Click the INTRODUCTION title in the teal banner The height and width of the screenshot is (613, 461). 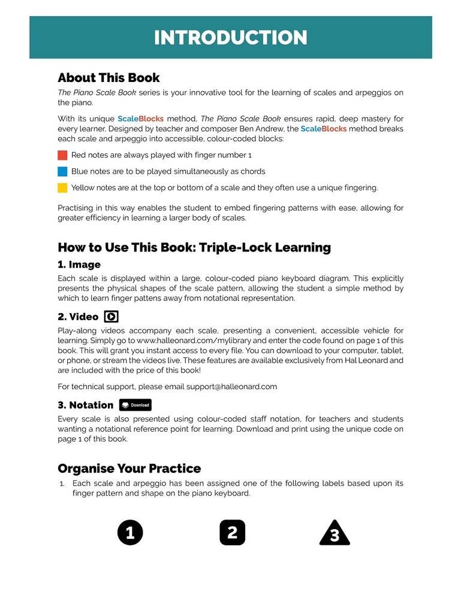click(230, 38)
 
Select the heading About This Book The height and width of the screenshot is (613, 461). click(109, 78)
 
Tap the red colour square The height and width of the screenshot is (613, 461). click(62, 155)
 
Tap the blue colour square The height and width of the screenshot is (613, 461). click(62, 171)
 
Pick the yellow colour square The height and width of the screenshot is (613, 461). click(62, 188)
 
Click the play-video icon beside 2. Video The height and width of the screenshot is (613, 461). click(111, 317)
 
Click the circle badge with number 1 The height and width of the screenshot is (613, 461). click(130, 532)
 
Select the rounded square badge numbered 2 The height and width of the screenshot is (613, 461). click(233, 532)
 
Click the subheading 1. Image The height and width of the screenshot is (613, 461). click(79, 265)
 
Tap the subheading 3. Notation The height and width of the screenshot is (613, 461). click(85, 405)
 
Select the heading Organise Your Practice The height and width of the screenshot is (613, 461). click(129, 469)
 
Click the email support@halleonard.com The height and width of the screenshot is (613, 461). click(231, 387)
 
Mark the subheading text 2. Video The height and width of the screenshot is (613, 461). click(78, 317)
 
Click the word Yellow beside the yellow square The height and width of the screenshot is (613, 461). click(83, 188)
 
